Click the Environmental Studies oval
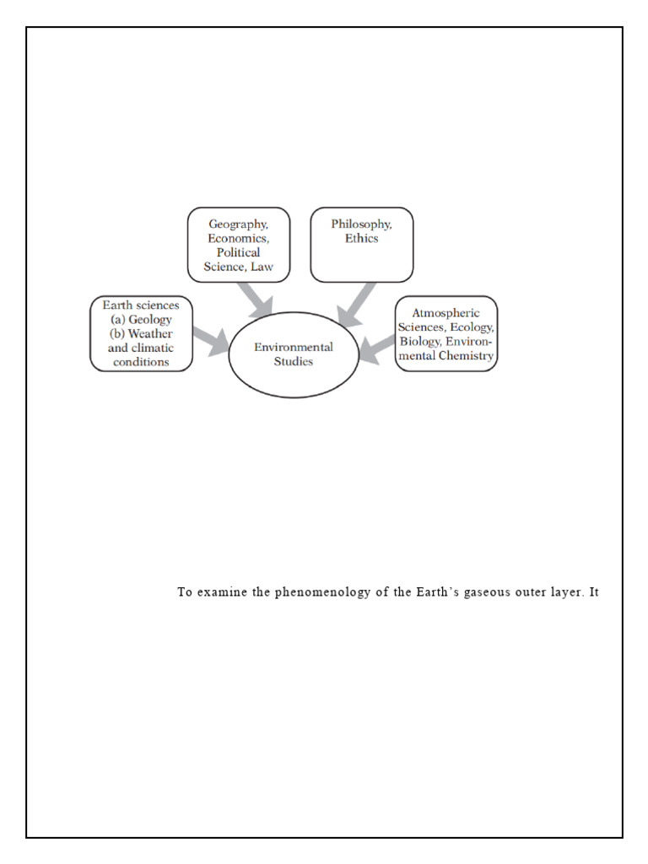click(x=294, y=354)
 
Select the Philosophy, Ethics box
click(x=361, y=245)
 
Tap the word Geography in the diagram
click(x=238, y=224)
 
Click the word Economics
click(x=238, y=238)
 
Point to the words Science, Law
click(x=238, y=267)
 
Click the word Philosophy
click(x=361, y=224)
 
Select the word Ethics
click(x=361, y=238)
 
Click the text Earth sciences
click(x=141, y=305)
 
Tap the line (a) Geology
click(x=141, y=319)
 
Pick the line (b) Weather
click(x=141, y=333)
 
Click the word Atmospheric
click(x=445, y=312)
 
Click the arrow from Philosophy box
click(x=356, y=304)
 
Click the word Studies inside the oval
click(x=294, y=362)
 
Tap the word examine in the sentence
click(x=220, y=591)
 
